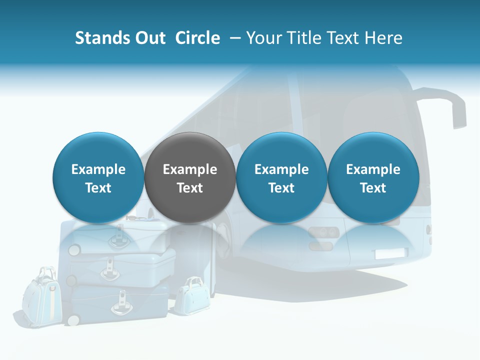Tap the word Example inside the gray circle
(x=190, y=169)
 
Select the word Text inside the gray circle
(x=190, y=188)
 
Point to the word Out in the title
(x=150, y=38)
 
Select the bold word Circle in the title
(x=197, y=38)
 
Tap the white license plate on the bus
(x=391, y=253)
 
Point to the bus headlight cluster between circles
(x=322, y=232)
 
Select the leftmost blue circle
(x=98, y=177)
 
